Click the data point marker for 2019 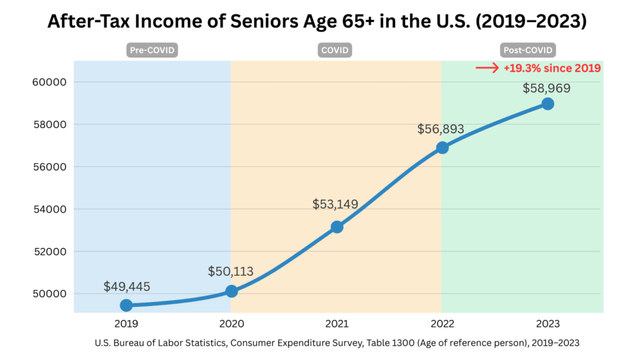pos(126,305)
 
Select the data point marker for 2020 pos(231,291)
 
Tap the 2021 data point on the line pos(337,227)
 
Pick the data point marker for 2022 pos(442,147)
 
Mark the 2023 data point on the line pos(547,104)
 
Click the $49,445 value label pos(127,287)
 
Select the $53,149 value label pos(336,204)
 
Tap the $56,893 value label pos(441,129)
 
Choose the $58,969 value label pos(547,88)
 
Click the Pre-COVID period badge pos(152,50)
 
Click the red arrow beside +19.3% pos(487,68)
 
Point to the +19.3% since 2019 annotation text pos(552,68)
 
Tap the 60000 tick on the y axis pos(49,82)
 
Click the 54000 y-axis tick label pos(49,209)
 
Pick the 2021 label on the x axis pos(336,324)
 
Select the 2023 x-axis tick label pos(547,324)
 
